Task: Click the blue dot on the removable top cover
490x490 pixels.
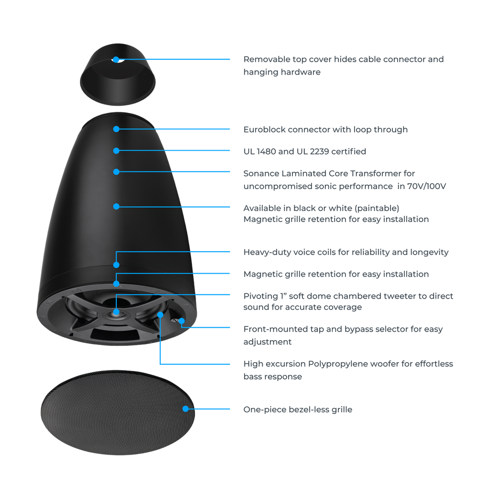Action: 116,59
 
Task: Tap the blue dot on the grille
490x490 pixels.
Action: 186,409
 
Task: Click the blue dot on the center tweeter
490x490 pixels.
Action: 116,312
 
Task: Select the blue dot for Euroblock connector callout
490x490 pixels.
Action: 116,129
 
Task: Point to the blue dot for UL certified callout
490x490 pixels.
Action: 116,151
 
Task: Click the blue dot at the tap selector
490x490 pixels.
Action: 181,321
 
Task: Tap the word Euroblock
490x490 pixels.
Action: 264,129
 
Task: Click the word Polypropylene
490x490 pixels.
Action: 338,364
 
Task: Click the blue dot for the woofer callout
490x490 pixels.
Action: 160,315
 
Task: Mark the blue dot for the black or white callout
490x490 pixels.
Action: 116,207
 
